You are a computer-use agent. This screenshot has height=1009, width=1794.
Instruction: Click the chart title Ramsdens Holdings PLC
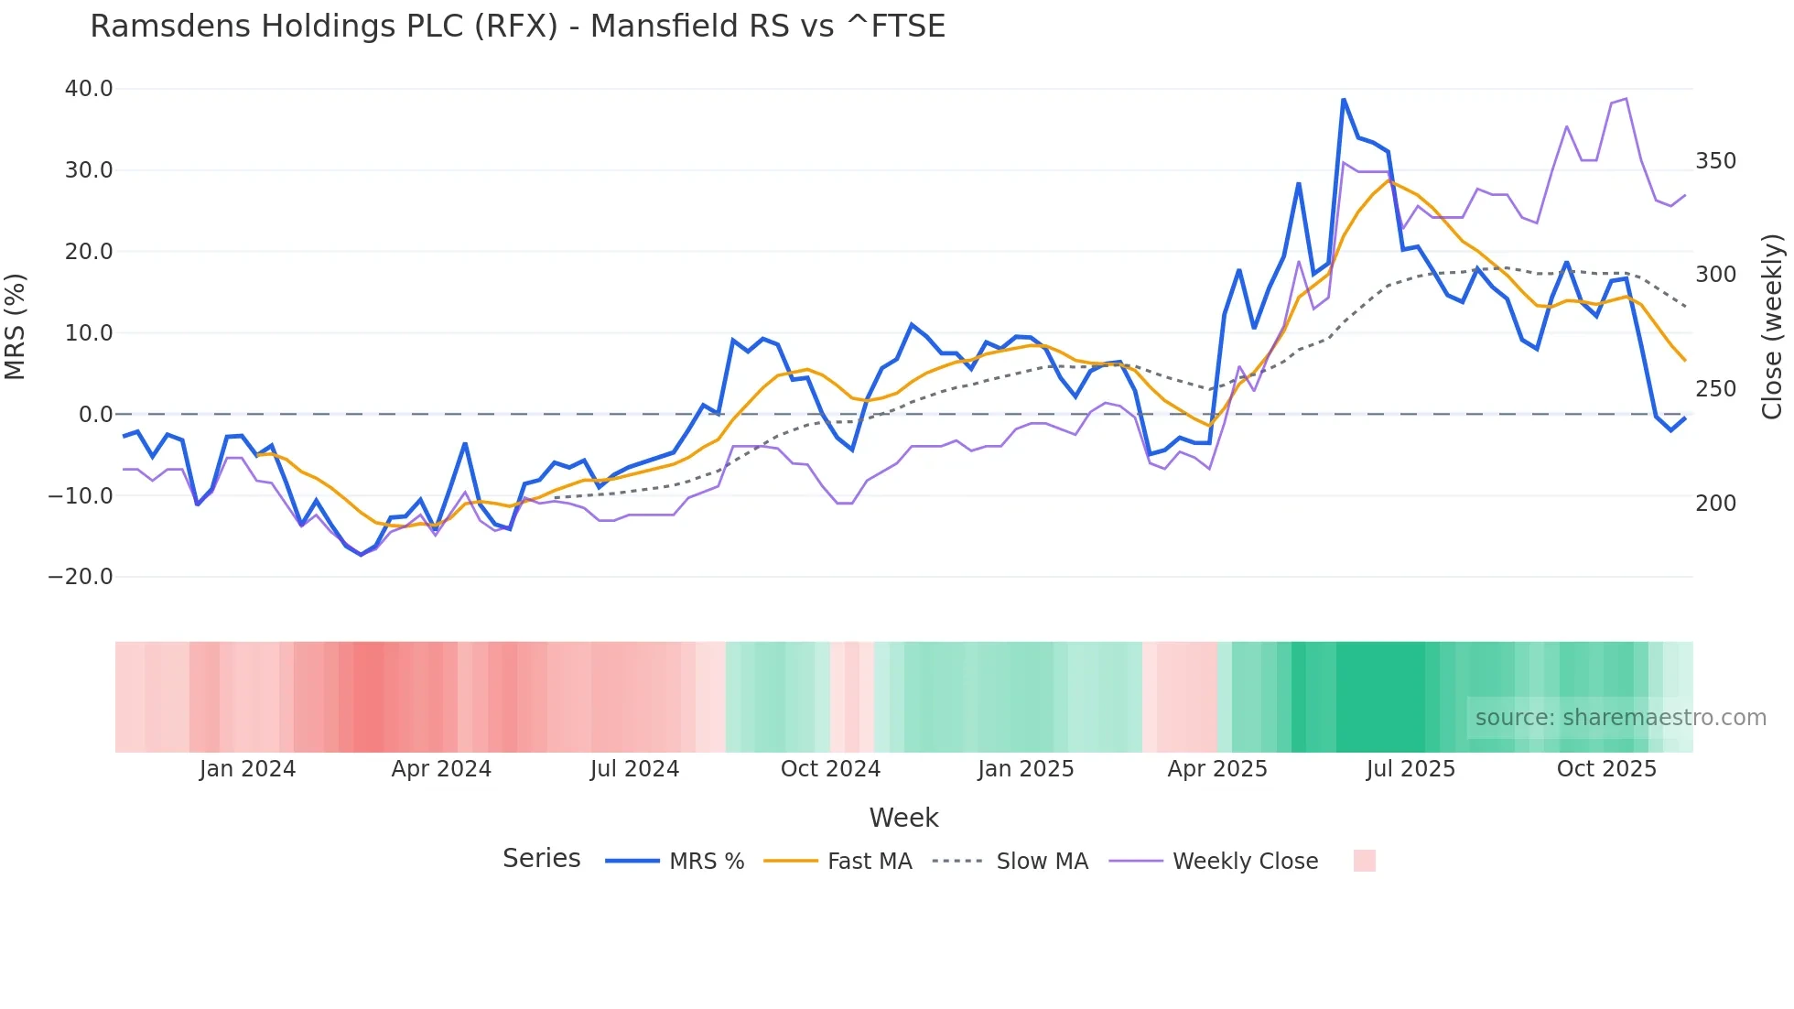click(x=517, y=27)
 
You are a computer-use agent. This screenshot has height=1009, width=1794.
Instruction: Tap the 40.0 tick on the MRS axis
click(x=89, y=89)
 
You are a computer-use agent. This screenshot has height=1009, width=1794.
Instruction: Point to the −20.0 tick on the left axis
click(x=81, y=577)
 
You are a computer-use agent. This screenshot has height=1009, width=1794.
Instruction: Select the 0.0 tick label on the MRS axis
click(x=96, y=415)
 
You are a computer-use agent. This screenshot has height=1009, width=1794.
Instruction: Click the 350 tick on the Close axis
click(x=1715, y=161)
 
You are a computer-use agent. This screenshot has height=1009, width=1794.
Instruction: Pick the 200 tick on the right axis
click(x=1715, y=504)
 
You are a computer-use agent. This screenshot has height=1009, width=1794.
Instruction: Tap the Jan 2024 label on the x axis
click(x=247, y=769)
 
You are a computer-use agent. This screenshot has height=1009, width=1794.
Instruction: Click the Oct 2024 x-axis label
click(x=830, y=769)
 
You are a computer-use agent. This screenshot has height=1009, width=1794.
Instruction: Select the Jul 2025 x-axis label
click(x=1410, y=769)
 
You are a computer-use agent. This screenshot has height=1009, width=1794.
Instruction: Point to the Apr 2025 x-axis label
click(x=1217, y=769)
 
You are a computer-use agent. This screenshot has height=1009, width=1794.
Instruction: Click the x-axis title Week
click(x=903, y=818)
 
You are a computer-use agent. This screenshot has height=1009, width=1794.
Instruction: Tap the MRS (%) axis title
click(x=16, y=326)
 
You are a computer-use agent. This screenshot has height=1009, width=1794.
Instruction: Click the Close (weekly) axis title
click(x=1772, y=326)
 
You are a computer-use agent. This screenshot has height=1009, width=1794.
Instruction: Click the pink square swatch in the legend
click(x=1364, y=861)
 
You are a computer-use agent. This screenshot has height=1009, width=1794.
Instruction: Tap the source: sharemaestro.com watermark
click(x=1620, y=718)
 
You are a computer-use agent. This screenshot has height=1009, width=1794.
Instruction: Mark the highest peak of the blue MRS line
click(x=1343, y=99)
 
